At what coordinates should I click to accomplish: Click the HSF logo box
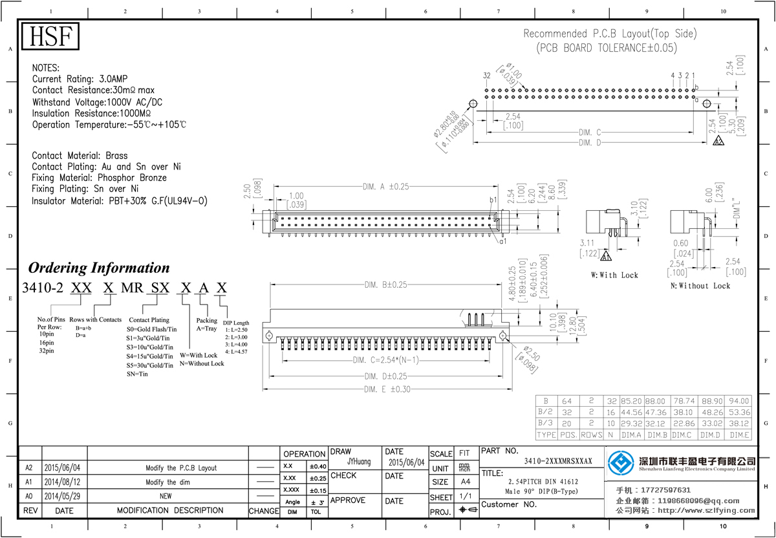pos(50,37)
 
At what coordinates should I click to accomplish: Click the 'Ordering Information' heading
pos(99,268)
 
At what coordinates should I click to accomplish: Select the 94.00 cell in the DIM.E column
pos(738,400)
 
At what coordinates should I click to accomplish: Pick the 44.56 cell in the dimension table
pos(630,412)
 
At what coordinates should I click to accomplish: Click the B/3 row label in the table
pos(546,423)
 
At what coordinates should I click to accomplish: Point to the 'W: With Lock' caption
pos(614,275)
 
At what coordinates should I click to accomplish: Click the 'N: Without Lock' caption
pos(700,285)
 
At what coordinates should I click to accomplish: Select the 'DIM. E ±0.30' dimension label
pos(387,389)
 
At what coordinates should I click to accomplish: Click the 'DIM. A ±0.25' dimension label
pos(387,187)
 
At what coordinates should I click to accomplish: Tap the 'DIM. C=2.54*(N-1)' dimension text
pos(386,360)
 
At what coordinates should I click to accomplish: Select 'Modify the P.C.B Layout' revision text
pos(180,468)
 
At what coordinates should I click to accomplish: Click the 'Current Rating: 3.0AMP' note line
pos(80,79)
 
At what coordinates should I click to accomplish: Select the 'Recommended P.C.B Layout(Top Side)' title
pos(609,34)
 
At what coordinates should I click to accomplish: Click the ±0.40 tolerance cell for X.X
pos(317,466)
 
